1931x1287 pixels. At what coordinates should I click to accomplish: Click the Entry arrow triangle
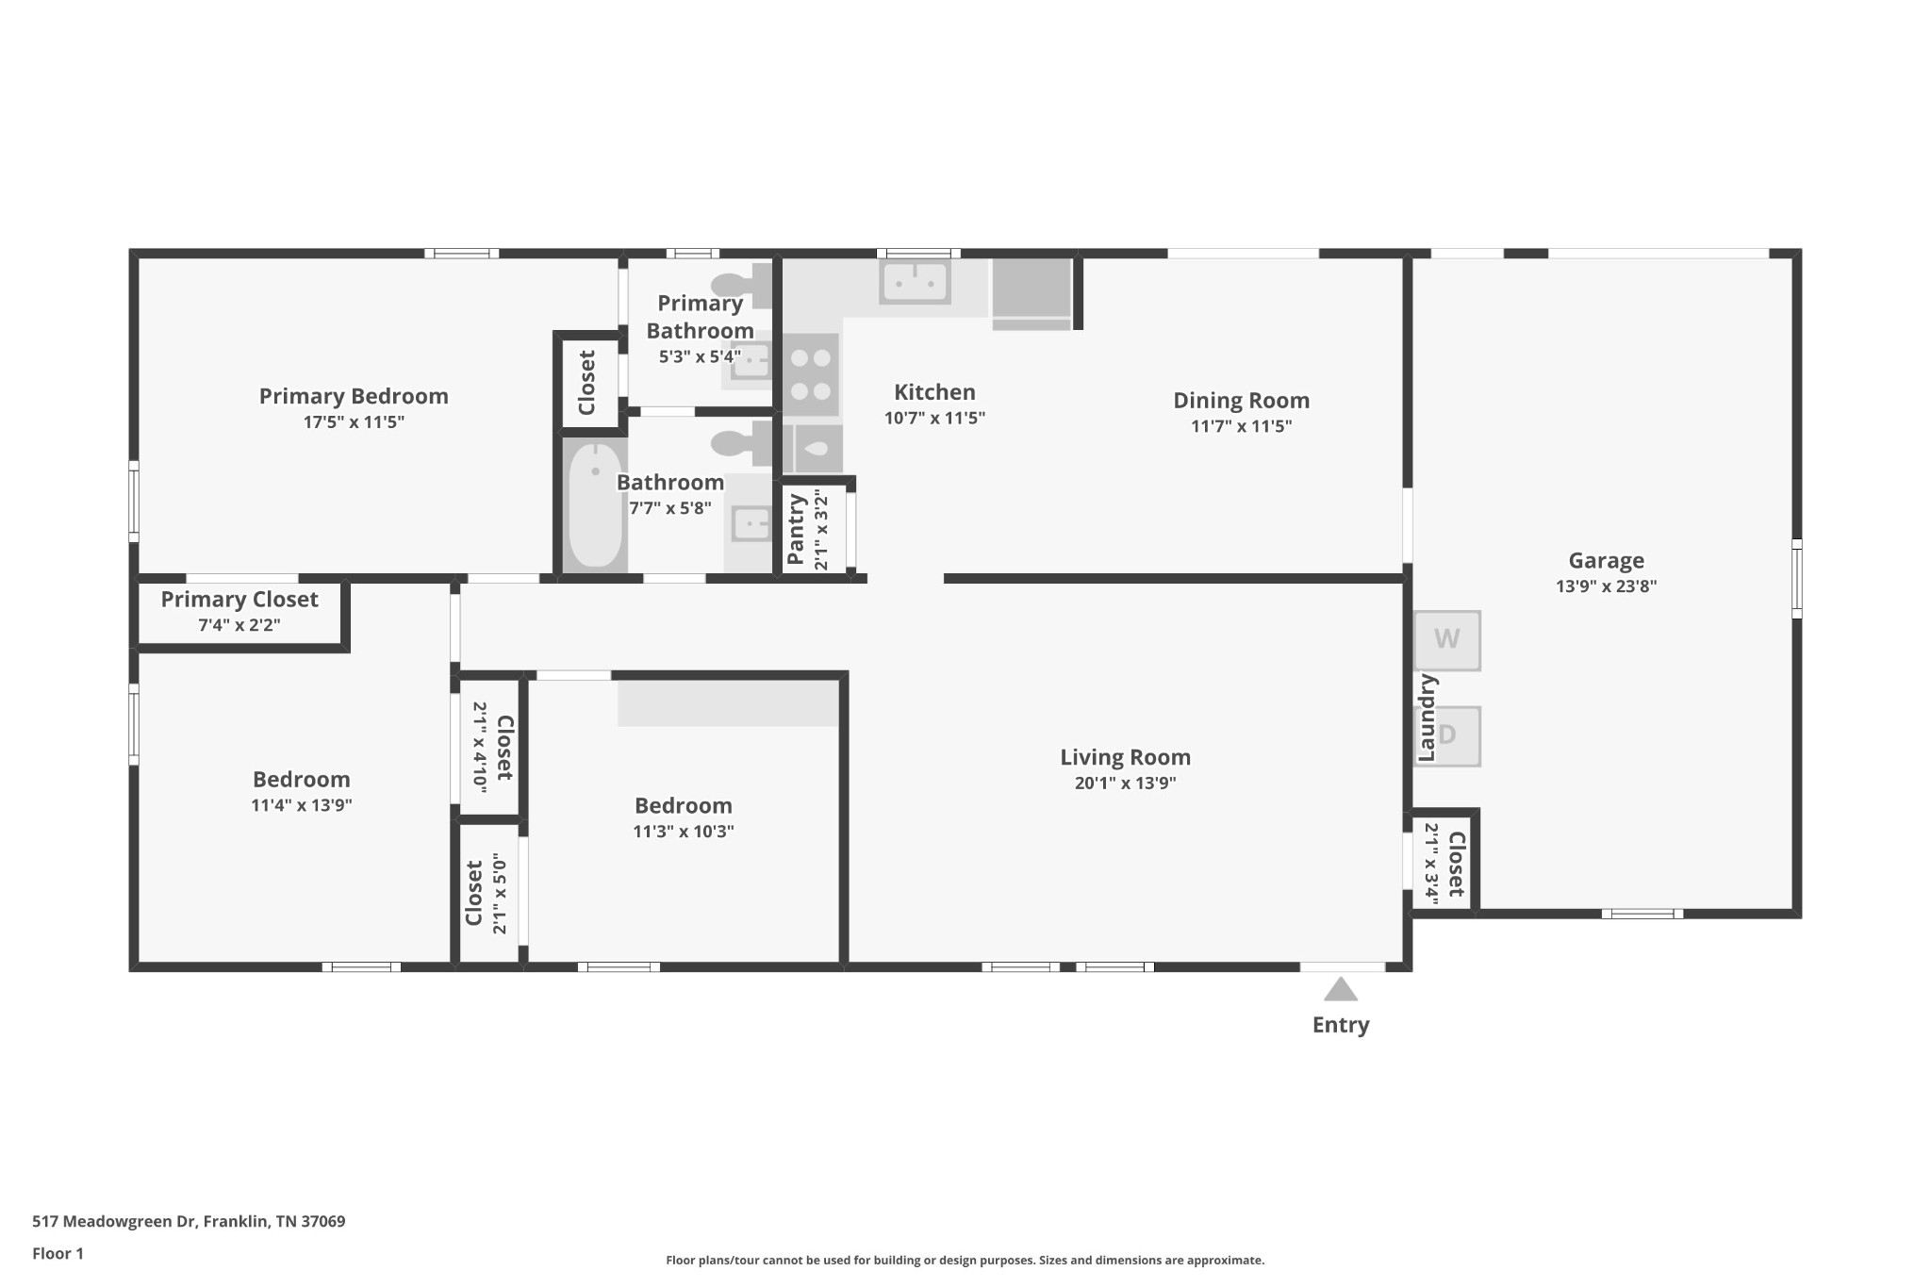tap(1340, 989)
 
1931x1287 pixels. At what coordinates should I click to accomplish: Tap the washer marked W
tap(1447, 640)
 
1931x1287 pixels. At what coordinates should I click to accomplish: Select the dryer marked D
tap(1447, 736)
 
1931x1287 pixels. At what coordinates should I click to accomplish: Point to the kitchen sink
tap(915, 282)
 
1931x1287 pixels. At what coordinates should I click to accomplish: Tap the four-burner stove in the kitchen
tap(811, 374)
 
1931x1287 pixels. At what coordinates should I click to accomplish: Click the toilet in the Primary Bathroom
tap(741, 285)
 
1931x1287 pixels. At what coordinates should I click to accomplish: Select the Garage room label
tap(1606, 561)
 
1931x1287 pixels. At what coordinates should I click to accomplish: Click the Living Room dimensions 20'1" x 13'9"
tap(1125, 783)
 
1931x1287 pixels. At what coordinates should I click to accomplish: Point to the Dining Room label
tap(1241, 401)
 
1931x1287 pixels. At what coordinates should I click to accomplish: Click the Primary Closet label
tap(239, 600)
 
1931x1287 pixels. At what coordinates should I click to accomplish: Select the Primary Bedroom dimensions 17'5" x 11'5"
tap(354, 421)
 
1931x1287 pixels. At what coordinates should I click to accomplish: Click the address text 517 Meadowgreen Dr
tap(114, 1221)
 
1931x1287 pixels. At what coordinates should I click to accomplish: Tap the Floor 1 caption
tap(58, 1253)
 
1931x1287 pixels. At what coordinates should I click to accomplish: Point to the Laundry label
tap(1427, 718)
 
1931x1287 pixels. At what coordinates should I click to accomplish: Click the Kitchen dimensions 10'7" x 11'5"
tap(934, 418)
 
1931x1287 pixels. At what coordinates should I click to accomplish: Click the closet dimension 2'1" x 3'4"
tap(1430, 864)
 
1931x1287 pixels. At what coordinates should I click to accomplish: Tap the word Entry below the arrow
tap(1341, 1026)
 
